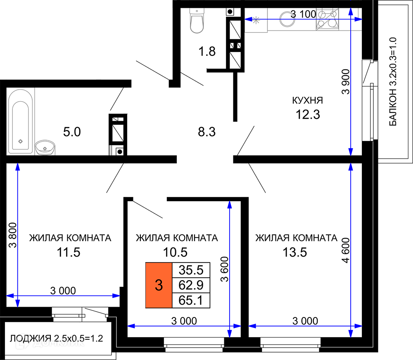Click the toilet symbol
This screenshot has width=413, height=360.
197,21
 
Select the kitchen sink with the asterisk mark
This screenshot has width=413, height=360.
256,21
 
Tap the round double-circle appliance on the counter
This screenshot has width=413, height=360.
287,19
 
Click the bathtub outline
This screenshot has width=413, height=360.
21,122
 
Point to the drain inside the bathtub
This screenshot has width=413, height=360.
21,142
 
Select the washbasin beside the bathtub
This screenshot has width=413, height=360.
45,148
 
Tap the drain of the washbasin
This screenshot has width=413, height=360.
45,147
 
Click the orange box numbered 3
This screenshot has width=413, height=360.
159,285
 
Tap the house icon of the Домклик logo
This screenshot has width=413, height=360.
23,342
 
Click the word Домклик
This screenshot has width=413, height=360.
59,342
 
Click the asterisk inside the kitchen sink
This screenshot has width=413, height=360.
256,20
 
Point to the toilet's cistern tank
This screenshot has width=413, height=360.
197,12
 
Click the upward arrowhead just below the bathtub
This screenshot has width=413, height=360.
17,166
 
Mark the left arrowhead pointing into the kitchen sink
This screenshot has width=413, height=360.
248,19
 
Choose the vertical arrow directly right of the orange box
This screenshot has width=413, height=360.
230,269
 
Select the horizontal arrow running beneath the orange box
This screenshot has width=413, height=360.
184,326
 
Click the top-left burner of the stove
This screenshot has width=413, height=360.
322,14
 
